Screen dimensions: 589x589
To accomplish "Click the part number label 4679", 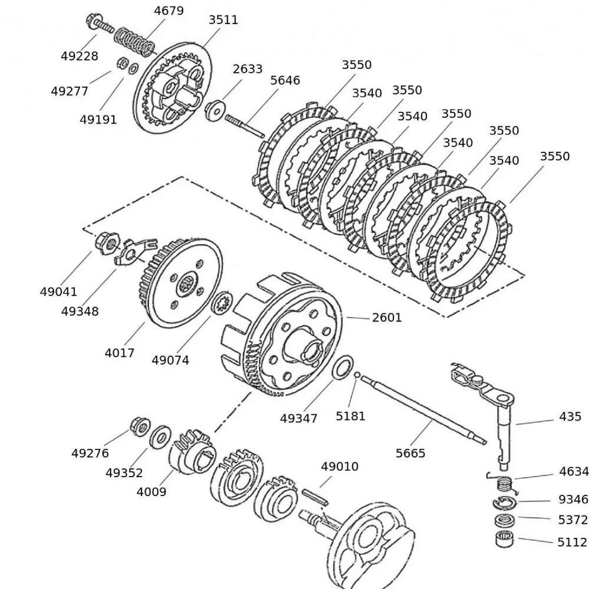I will (169, 11).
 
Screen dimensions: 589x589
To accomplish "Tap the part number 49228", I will (79, 56).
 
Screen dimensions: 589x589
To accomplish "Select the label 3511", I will (223, 19).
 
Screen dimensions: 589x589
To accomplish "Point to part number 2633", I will (247, 68).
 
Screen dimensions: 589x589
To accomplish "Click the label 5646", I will (285, 80).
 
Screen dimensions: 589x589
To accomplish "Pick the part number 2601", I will (387, 317).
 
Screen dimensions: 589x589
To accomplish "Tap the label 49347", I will (298, 418).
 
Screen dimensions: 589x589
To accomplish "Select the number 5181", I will (350, 416).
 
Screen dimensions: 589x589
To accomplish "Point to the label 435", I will (570, 416).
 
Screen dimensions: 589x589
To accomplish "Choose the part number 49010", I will (339, 466).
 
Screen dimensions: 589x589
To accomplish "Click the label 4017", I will (120, 353).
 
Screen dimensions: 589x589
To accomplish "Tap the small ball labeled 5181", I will (357, 375).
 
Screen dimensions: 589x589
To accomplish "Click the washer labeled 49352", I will (159, 437).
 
